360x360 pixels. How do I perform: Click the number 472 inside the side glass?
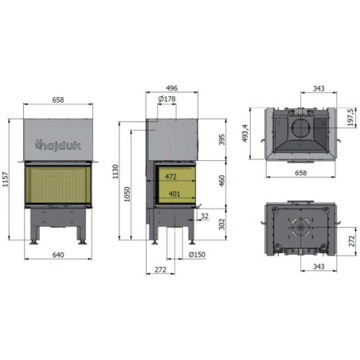pyautogui.click(x=171, y=177)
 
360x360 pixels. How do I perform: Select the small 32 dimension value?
pyautogui.click(x=205, y=216)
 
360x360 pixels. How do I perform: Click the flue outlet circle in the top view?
pyautogui.click(x=301, y=128)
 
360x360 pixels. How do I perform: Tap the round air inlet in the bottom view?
pyautogui.click(x=300, y=226)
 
